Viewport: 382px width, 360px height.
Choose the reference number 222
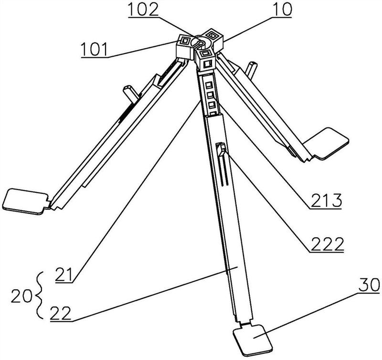327,245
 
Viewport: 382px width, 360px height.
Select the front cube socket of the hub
206,58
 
